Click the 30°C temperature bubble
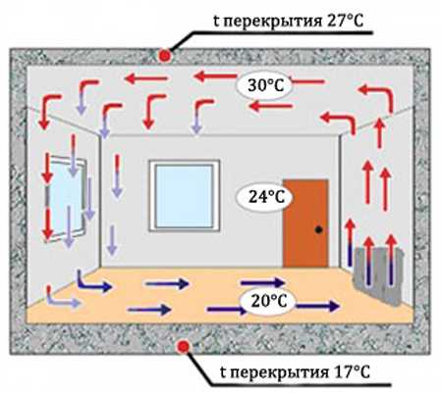[x=264, y=85]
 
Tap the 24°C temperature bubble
[x=264, y=197]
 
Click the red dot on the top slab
[x=165, y=56]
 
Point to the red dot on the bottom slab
[x=183, y=347]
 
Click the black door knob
[x=318, y=230]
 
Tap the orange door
[x=305, y=223]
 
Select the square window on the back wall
[x=185, y=195]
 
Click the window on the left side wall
[x=67, y=199]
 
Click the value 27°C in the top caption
[x=345, y=22]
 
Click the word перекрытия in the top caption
[x=273, y=23]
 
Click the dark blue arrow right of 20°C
[x=317, y=306]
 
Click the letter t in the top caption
[x=216, y=22]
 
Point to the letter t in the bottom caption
[x=223, y=372]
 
